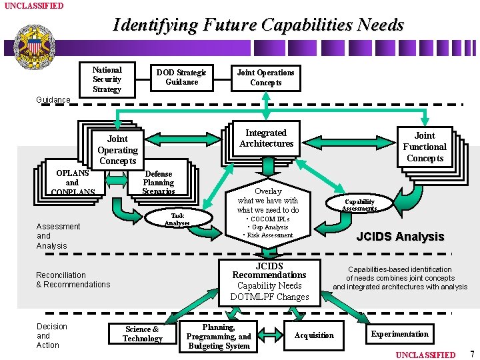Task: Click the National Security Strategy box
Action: pyautogui.click(x=107, y=79)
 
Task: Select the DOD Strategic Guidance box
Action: pyautogui.click(x=181, y=77)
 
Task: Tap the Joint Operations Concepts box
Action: pyautogui.click(x=265, y=77)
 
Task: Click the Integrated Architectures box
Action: pyautogui.click(x=266, y=138)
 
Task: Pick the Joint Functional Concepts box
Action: pyautogui.click(x=425, y=147)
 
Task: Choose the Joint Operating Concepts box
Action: pyautogui.click(x=117, y=149)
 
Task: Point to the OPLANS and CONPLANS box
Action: pyautogui.click(x=72, y=181)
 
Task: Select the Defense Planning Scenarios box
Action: pyautogui.click(x=159, y=181)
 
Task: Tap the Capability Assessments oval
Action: pyautogui.click(x=359, y=205)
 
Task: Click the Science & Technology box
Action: pyautogui.click(x=142, y=334)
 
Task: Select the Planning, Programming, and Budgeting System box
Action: pyautogui.click(x=219, y=337)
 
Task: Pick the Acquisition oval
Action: pyautogui.click(x=314, y=335)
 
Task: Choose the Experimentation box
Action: pyautogui.click(x=400, y=334)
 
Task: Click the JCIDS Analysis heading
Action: pyautogui.click(x=400, y=237)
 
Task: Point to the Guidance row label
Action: pyautogui.click(x=53, y=100)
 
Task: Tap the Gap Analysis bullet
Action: pyautogui.click(x=269, y=227)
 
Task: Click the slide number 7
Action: pyautogui.click(x=472, y=353)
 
